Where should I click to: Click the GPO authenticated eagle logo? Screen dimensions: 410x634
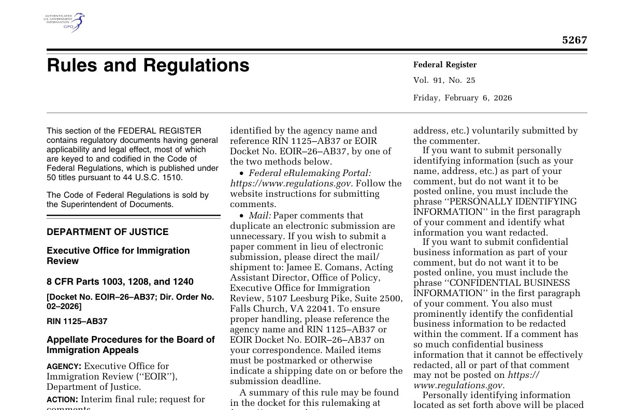point(65,22)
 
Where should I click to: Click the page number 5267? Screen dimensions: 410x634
point(574,40)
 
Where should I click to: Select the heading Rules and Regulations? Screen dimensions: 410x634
point(148,66)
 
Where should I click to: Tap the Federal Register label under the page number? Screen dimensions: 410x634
point(445,65)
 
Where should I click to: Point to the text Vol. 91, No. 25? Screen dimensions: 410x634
point(444,80)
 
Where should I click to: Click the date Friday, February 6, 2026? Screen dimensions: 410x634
point(463,98)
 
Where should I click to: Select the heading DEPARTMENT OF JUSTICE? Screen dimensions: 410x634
point(108,232)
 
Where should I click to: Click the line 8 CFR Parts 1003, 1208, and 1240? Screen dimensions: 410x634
point(120,282)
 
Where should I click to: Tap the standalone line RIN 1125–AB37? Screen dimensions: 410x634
point(77,321)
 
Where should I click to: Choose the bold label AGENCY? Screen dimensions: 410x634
point(64,367)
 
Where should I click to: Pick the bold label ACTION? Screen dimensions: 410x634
point(62,400)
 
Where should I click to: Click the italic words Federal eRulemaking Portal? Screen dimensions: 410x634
point(309,173)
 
